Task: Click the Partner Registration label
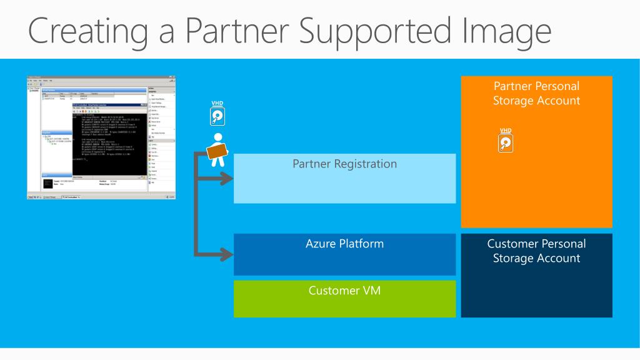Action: click(344, 164)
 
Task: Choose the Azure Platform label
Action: click(344, 243)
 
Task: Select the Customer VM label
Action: click(344, 290)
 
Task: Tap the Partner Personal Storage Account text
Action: click(536, 93)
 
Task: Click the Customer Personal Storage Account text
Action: click(536, 251)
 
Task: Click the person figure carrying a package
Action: click(217, 150)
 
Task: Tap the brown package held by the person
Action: click(216, 151)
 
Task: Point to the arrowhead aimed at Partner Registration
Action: click(227, 178)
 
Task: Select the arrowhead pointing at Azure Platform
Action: click(227, 254)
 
